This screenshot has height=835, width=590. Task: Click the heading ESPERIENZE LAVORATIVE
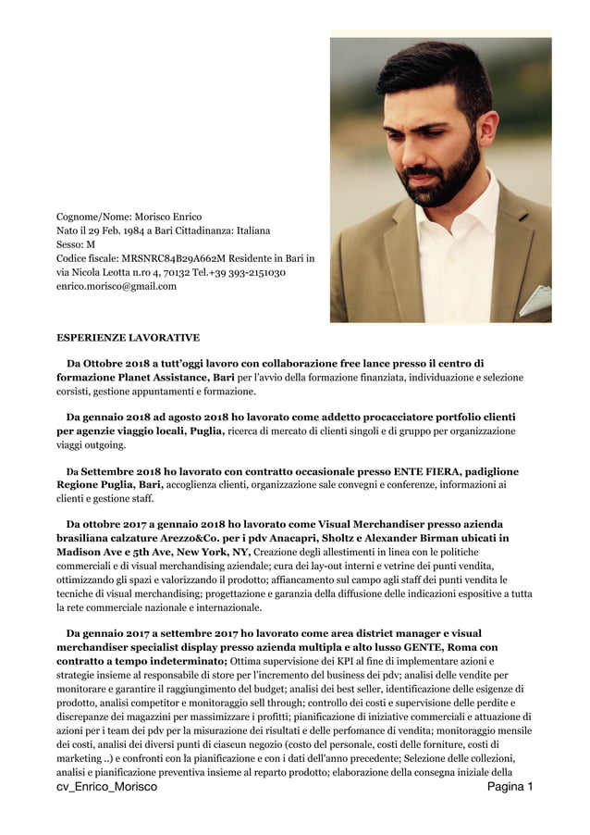coord(128,339)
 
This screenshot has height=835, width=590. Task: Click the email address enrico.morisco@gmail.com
coord(117,287)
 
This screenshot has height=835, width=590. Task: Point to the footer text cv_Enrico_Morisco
coord(106,787)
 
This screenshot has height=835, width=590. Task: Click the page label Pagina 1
coord(510,787)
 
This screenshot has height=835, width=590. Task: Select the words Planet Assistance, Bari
coord(177,378)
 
